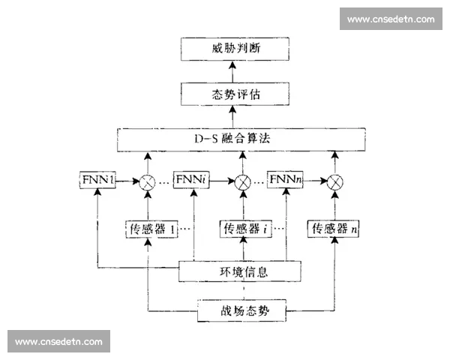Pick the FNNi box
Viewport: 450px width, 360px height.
pos(191,181)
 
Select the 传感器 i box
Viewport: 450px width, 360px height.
pos(244,229)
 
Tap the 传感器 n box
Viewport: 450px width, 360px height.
pos(334,229)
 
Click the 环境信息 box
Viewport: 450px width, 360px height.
pos(239,271)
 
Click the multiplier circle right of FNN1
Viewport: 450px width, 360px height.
pos(148,181)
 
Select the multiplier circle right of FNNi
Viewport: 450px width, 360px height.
pos(242,181)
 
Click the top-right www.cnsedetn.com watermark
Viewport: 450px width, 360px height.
pos(391,19)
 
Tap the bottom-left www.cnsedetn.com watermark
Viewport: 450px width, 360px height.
pos(58,341)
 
